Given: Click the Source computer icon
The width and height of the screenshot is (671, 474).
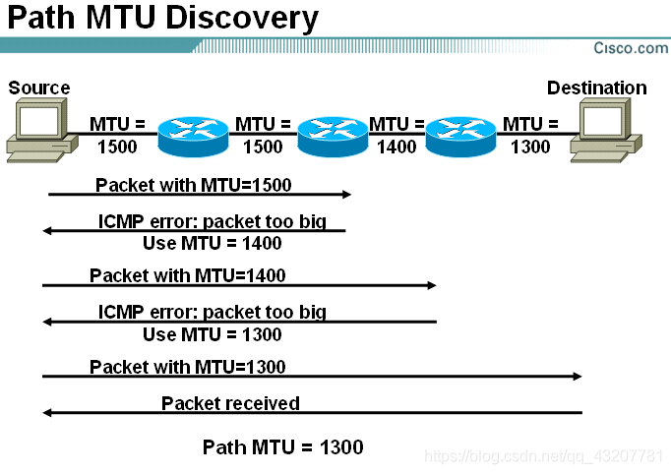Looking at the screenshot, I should [x=39, y=131].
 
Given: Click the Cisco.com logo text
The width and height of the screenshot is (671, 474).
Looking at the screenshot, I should [x=631, y=47].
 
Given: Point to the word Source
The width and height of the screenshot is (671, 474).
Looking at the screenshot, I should [x=39, y=88].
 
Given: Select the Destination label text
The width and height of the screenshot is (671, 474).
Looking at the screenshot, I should [x=596, y=88].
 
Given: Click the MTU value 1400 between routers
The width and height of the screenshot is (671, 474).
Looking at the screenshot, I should [x=396, y=147].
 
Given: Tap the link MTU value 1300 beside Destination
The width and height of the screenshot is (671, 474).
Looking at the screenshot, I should [x=530, y=147].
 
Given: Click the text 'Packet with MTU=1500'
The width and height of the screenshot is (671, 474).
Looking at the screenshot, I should [x=193, y=184].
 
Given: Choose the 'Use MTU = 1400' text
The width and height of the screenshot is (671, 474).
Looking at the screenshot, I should [x=213, y=243].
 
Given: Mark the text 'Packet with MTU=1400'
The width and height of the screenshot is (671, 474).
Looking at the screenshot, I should [x=187, y=274].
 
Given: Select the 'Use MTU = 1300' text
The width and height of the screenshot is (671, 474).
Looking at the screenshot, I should [x=213, y=334].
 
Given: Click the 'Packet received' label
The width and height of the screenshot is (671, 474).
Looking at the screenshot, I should [x=230, y=403].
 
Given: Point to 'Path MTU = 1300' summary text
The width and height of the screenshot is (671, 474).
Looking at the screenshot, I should [x=282, y=447].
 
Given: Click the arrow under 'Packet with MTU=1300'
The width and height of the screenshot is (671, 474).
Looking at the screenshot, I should [x=311, y=377].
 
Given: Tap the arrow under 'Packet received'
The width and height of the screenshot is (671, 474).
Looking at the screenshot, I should [x=311, y=413].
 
